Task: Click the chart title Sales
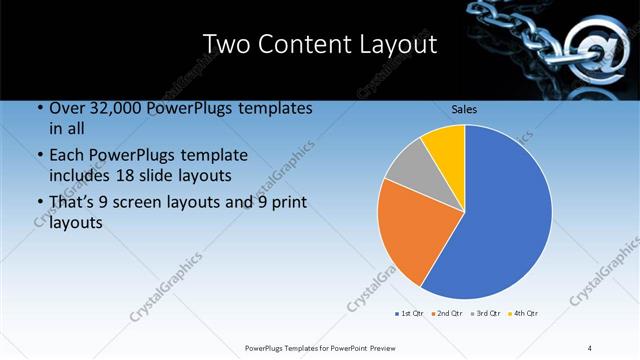tap(464, 107)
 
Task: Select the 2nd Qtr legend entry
tap(447, 314)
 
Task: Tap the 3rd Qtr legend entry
tap(486, 314)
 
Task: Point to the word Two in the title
tap(227, 44)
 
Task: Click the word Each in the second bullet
tap(68, 156)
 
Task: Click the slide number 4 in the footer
tap(590, 347)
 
